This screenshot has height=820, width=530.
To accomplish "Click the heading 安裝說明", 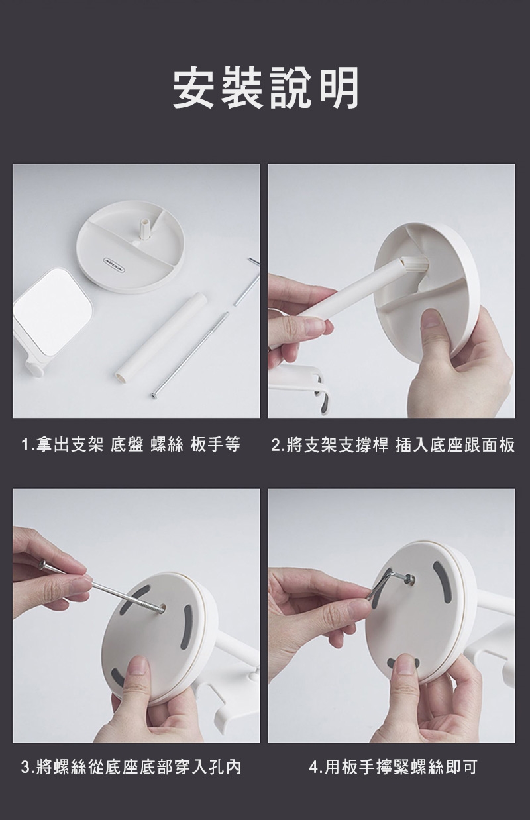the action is click(265, 88).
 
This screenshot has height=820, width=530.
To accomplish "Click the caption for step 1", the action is click(131, 445).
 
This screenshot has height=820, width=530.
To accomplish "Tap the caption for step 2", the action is click(393, 445).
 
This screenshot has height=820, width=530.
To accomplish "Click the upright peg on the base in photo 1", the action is click(145, 229).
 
